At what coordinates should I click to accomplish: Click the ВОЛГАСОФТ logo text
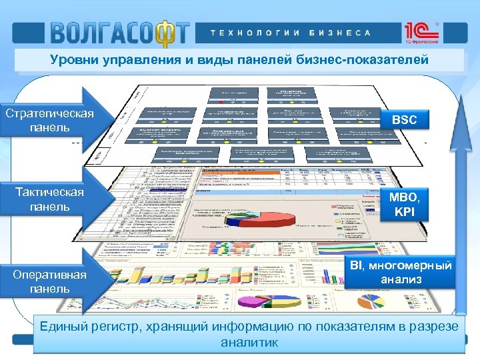[x=119, y=32]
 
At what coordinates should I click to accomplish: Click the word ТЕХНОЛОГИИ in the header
[x=253, y=33]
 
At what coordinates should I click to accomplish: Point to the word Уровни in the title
[x=73, y=60]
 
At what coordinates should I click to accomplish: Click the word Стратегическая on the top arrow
[x=49, y=113]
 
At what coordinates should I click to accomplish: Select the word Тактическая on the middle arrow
[x=49, y=193]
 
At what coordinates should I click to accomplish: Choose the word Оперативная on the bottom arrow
[x=49, y=275]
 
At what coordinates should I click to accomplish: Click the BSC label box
[x=404, y=120]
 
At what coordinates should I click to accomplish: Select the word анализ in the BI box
[x=401, y=280]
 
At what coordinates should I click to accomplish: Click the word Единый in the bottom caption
[x=67, y=327]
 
